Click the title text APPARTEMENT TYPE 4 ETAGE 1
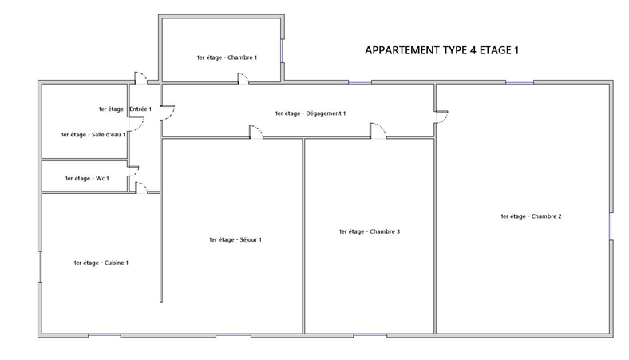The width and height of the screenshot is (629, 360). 441,50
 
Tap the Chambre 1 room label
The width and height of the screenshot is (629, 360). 227,57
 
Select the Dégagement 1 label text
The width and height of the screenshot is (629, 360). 310,113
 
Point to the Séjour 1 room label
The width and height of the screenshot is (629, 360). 235,239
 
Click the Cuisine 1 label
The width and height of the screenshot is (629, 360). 101,263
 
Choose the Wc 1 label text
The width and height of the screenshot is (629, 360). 87,178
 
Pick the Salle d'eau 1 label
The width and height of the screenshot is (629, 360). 93,134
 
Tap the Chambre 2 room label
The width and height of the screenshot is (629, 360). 531,216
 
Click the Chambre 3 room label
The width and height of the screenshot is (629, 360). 369,231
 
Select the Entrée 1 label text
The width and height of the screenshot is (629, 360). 125,109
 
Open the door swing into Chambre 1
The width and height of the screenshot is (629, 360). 243,79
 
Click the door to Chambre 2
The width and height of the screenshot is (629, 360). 442,117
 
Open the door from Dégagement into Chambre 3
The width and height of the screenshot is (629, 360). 378,130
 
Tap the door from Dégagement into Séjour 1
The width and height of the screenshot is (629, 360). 256,132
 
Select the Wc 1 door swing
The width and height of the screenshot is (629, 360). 133,171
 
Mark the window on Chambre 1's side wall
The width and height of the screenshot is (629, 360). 282,51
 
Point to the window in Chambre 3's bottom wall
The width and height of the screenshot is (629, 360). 370,335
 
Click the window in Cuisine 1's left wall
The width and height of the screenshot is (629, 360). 40,267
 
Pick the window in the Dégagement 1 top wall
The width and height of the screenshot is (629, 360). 360,82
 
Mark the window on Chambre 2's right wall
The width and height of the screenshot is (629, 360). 611,226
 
